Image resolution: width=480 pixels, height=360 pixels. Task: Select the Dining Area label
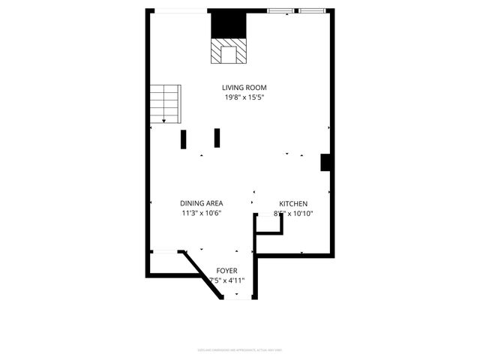point(201,203)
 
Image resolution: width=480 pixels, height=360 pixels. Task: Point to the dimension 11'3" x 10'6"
point(201,213)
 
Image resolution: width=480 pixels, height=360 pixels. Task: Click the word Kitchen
point(293,203)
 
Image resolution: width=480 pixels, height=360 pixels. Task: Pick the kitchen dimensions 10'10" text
point(300,213)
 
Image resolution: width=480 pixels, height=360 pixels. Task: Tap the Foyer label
point(226,270)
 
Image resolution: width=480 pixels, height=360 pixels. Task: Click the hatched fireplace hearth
point(227,53)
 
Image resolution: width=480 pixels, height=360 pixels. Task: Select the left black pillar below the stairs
point(183,139)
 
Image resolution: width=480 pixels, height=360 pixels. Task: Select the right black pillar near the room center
point(217,137)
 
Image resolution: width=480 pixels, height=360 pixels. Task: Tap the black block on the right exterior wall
point(325,162)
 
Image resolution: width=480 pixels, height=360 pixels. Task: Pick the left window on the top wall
point(280,10)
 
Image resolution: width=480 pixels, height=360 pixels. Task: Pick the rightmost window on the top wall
point(311,10)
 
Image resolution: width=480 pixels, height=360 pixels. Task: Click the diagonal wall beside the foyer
point(202,274)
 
